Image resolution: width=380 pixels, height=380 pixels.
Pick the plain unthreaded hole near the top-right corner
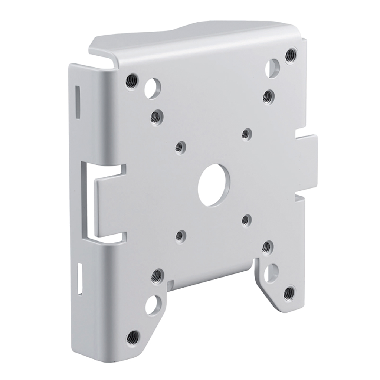tap(274, 68)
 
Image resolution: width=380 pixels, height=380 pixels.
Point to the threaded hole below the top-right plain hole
tap(268, 96)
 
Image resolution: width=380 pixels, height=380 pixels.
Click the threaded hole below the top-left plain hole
tap(156, 117)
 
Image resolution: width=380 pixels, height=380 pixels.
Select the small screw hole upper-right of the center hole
tap(246, 134)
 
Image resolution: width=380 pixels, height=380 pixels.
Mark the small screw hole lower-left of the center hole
tap(181, 236)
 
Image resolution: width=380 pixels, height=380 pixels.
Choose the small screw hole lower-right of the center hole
tap(246, 221)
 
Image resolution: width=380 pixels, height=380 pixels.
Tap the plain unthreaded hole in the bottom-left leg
tap(152, 305)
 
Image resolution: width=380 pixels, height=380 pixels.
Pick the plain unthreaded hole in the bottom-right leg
tap(273, 272)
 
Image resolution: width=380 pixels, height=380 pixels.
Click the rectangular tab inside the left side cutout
tap(111, 208)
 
